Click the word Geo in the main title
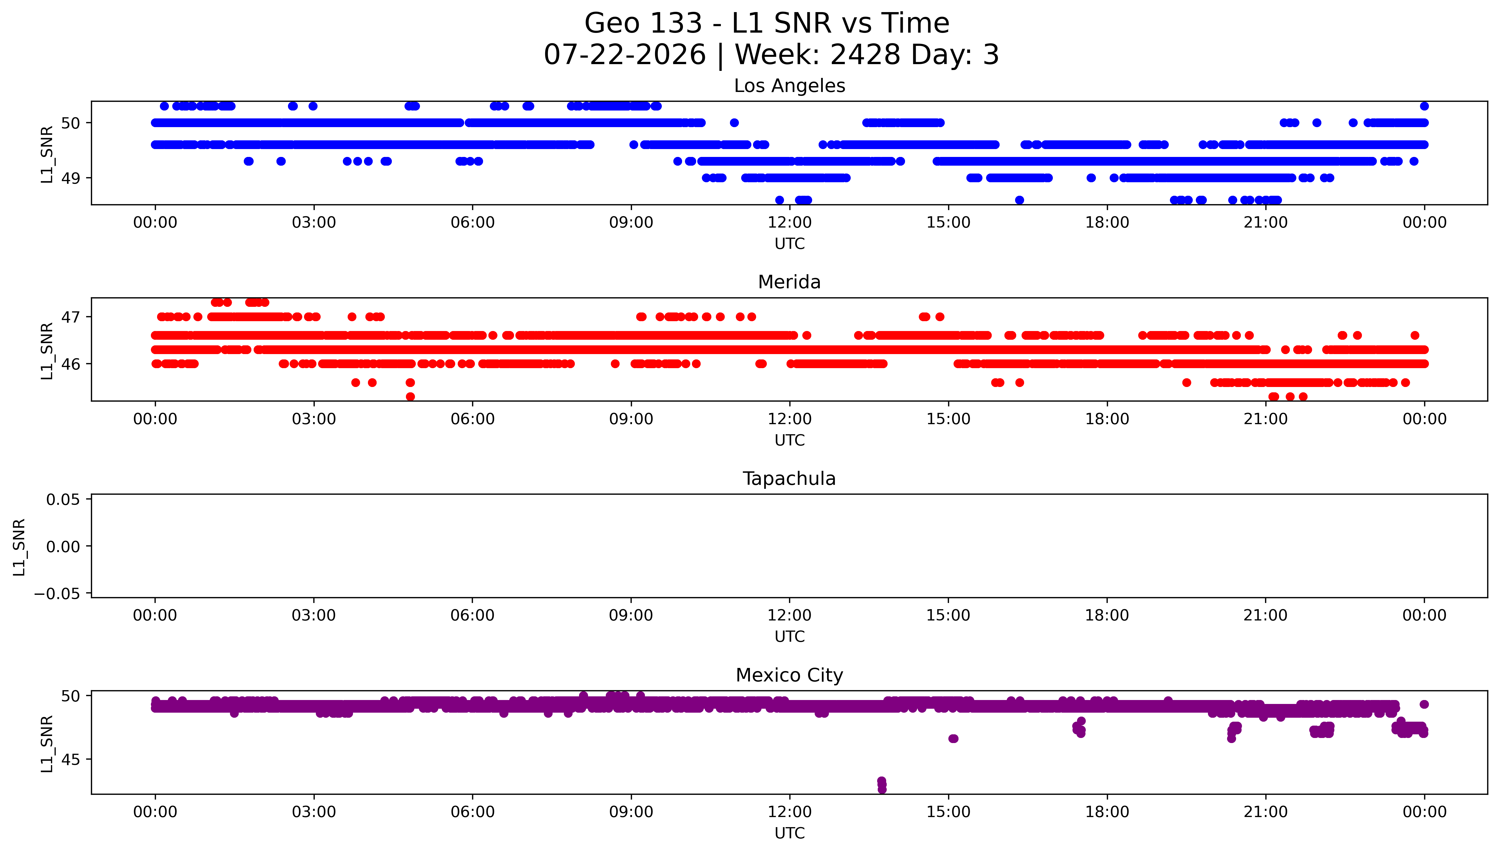pyautogui.click(x=613, y=23)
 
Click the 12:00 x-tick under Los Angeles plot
pyautogui.click(x=790, y=223)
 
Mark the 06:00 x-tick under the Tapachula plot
pyautogui.click(x=473, y=615)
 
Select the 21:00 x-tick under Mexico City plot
pyautogui.click(x=1266, y=812)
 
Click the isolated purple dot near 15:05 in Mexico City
pyautogui.click(x=953, y=739)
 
